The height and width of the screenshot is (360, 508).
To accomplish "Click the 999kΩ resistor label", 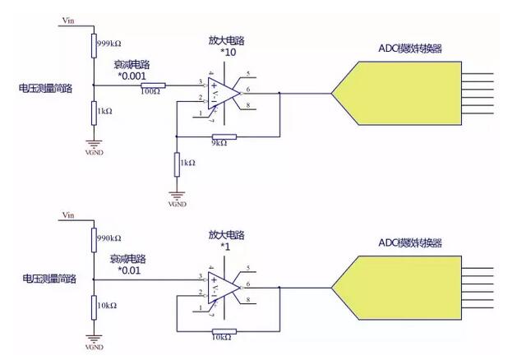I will [109, 44].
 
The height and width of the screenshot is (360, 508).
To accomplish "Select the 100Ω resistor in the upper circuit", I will [153, 85].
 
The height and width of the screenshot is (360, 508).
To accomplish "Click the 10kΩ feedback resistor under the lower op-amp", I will [224, 331].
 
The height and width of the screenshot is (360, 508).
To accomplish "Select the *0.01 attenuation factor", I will [131, 269].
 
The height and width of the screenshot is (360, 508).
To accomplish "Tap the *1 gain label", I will [223, 245].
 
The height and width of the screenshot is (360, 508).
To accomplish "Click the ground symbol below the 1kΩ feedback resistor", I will [177, 196].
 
